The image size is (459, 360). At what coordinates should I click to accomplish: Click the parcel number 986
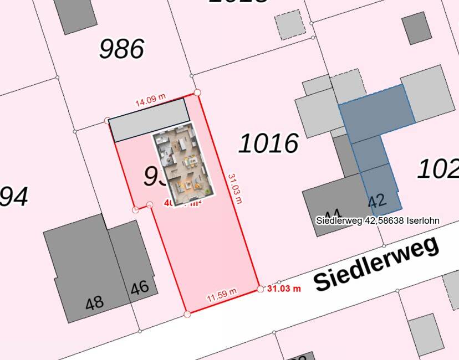[121, 49]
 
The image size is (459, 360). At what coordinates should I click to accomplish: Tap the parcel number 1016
[269, 144]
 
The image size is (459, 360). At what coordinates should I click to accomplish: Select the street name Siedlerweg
[377, 263]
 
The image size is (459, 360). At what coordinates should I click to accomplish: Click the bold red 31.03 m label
[284, 289]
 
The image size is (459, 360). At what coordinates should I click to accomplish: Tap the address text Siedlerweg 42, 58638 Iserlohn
[378, 220]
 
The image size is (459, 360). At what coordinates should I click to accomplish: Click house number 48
[94, 302]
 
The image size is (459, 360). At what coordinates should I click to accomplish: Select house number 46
[139, 287]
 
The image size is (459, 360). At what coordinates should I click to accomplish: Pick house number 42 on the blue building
[377, 200]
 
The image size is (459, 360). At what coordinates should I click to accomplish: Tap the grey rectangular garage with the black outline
[149, 120]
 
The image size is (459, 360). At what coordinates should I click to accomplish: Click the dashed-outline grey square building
[290, 24]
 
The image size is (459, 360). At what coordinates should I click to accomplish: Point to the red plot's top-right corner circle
[197, 92]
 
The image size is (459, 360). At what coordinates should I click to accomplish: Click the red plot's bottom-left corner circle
[187, 314]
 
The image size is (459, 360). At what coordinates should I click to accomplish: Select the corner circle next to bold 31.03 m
[261, 289]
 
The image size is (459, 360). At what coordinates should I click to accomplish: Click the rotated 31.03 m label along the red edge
[235, 188]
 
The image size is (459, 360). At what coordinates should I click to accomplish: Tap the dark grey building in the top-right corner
[416, 28]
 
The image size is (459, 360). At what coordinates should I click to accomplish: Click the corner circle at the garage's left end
[108, 120]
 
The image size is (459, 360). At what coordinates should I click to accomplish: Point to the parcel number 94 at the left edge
[14, 197]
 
